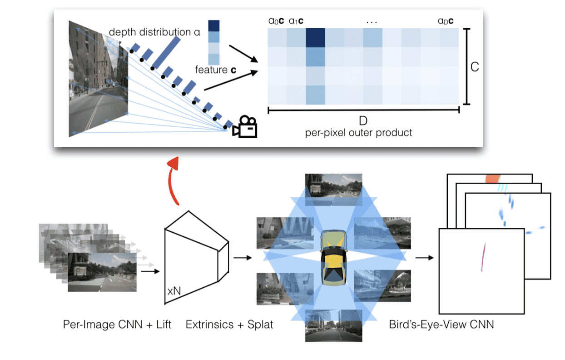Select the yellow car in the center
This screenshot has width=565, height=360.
tap(334, 257)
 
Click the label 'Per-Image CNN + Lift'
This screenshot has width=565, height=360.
tap(117, 325)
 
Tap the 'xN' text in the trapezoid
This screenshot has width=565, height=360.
tap(174, 291)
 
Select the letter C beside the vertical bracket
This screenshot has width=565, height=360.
tap(474, 67)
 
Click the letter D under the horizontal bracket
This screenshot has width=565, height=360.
tap(363, 121)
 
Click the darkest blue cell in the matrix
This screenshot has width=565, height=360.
tap(315, 37)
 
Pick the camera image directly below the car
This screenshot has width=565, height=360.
tap(333, 325)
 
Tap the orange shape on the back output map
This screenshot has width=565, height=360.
tap(492, 179)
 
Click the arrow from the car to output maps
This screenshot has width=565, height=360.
tap(424, 258)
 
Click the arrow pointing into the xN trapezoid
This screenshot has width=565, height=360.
tap(150, 272)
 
